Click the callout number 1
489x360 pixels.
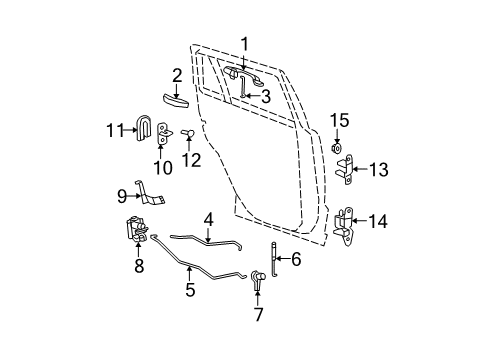(243, 43)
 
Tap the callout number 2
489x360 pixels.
(176, 74)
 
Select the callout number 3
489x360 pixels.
(265, 96)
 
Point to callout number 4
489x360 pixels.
(208, 218)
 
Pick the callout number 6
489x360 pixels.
(295, 259)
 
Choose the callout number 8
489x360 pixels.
(139, 266)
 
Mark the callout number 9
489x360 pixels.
(123, 196)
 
